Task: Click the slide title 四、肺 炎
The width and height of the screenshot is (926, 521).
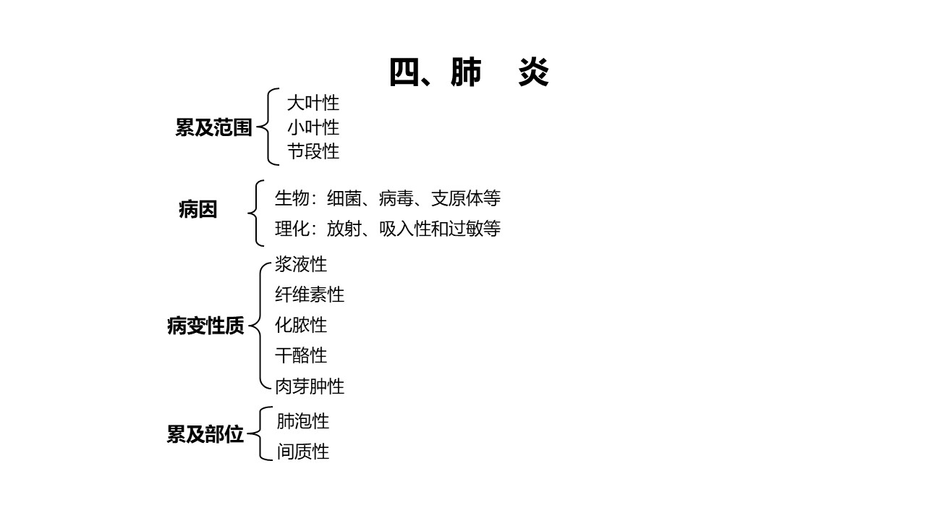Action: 470,72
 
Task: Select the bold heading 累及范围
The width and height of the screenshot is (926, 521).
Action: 213,127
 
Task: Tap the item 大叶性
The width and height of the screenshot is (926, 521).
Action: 313,103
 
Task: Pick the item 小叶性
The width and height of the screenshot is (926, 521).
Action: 313,127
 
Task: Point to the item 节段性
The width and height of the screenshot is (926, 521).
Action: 313,151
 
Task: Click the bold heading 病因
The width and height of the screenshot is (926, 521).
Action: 198,209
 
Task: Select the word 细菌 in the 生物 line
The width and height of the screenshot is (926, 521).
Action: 344,198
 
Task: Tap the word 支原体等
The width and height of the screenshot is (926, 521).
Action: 465,198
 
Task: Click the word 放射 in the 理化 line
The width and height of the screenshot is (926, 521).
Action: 344,229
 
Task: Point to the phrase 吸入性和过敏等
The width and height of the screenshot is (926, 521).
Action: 439,229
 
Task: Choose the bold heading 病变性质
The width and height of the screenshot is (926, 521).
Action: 206,326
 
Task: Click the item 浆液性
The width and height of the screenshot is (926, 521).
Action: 301,264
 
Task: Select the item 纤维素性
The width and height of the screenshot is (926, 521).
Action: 310,295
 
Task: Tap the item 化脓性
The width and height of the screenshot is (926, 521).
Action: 301,325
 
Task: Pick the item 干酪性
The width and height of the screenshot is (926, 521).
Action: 301,355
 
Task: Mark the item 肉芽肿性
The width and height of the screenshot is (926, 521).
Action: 310,386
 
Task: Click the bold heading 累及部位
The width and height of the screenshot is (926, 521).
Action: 205,434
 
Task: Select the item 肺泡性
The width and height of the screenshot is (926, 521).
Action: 303,421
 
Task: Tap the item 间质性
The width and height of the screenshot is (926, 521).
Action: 303,452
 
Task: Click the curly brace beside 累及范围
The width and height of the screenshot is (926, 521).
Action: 268,127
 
